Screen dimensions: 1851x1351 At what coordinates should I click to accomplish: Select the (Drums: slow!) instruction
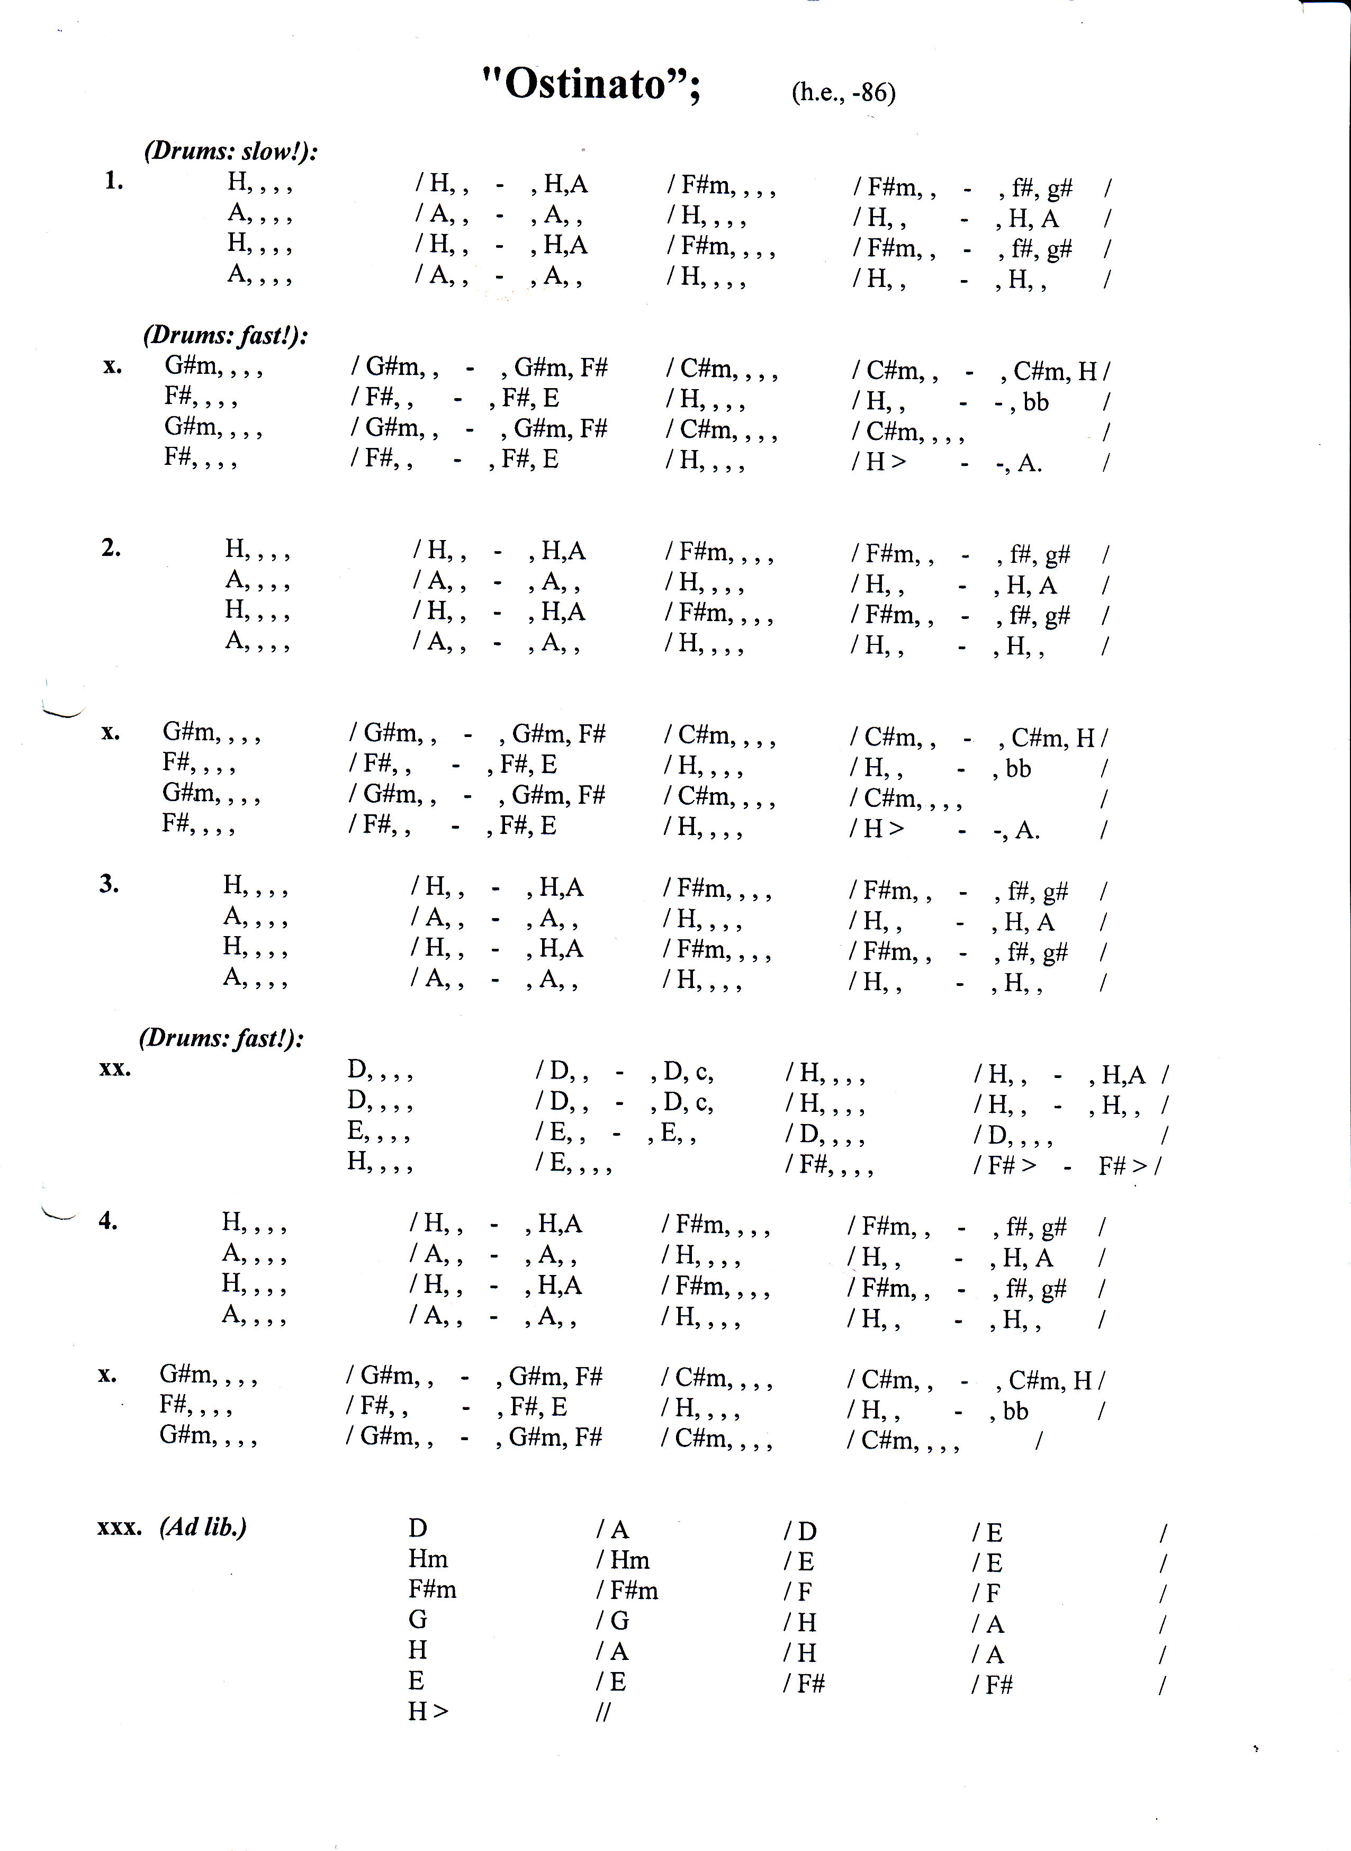(231, 151)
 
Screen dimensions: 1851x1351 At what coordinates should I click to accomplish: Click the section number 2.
(111, 547)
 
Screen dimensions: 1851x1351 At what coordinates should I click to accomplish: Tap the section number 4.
(108, 1220)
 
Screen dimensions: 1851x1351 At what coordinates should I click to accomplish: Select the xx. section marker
(114, 1068)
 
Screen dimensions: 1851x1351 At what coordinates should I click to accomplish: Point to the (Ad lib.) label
(203, 1526)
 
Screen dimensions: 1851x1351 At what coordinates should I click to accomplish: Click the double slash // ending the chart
(604, 1712)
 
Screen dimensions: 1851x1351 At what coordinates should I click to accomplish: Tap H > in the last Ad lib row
(428, 1711)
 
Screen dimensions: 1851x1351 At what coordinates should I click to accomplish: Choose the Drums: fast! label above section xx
(222, 1039)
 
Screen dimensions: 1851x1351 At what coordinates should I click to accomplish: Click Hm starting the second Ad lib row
(428, 1559)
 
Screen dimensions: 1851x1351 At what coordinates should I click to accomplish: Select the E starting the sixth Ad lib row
(416, 1681)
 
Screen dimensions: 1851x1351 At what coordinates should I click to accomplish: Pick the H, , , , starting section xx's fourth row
(379, 1162)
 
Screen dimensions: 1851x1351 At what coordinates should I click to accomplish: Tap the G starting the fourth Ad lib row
(418, 1620)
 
